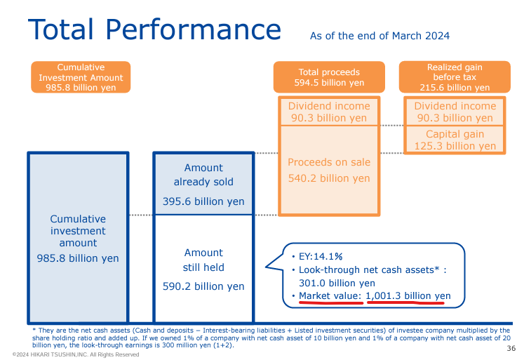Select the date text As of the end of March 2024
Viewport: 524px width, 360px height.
(379, 36)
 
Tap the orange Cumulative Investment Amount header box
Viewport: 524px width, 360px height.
(81, 77)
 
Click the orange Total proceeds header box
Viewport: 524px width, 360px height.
(329, 77)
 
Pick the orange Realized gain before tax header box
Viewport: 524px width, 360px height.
(455, 77)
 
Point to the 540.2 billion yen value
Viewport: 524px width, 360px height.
(329, 178)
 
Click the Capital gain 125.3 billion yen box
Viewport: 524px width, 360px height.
(455, 140)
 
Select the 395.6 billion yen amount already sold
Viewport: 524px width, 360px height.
(203, 201)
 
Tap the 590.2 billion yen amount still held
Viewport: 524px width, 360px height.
(203, 286)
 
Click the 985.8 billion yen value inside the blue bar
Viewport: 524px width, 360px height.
(78, 258)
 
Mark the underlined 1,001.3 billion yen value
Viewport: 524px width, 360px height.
(408, 296)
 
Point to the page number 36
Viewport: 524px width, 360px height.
(511, 348)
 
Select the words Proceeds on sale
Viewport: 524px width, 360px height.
(329, 162)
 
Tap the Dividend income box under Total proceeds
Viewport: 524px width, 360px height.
(329, 112)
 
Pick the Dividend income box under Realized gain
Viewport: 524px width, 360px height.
(455, 112)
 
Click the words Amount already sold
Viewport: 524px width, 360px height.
(203, 175)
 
